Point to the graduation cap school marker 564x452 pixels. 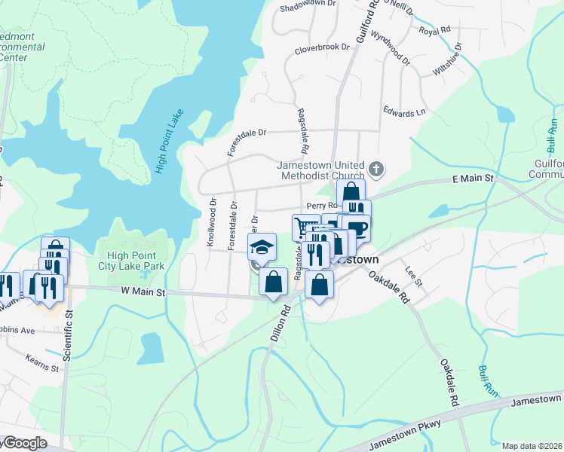[261, 246]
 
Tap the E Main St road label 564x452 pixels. [472, 179]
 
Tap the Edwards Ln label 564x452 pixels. [404, 113]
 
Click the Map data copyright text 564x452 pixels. [532, 446]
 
